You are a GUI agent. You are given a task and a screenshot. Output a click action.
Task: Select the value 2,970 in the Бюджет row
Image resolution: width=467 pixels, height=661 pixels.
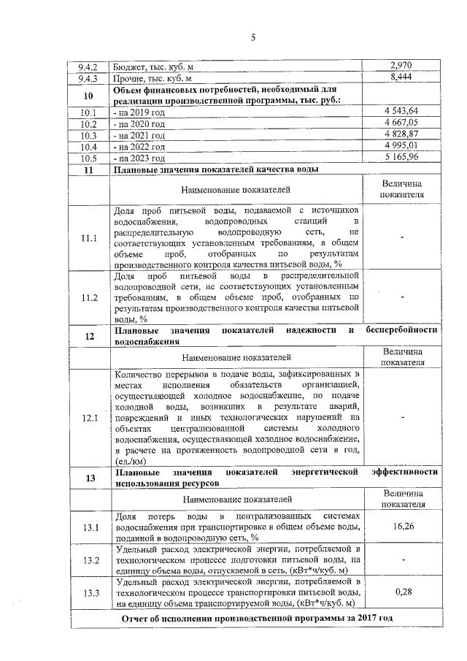pyautogui.click(x=402, y=66)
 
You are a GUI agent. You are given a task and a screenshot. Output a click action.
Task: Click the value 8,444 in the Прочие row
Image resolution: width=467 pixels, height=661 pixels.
pyautogui.click(x=402, y=77)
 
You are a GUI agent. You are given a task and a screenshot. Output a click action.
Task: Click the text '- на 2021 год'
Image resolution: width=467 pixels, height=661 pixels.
pyautogui.click(x=139, y=135)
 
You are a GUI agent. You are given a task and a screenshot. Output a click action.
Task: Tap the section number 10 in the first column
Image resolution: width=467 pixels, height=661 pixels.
pyautogui.click(x=88, y=95)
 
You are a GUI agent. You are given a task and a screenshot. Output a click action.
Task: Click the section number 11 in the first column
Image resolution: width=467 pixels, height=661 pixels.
pyautogui.click(x=88, y=169)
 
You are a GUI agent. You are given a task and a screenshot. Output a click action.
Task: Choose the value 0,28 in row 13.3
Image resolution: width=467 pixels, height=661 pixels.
pyautogui.click(x=402, y=591)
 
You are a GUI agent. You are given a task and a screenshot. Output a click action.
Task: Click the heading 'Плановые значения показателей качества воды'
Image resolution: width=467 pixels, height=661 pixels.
pyautogui.click(x=216, y=169)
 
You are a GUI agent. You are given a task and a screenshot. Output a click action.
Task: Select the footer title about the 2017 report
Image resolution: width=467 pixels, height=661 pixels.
pyautogui.click(x=258, y=619)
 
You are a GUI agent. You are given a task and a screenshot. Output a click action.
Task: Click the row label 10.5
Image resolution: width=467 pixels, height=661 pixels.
pyautogui.click(x=88, y=158)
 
